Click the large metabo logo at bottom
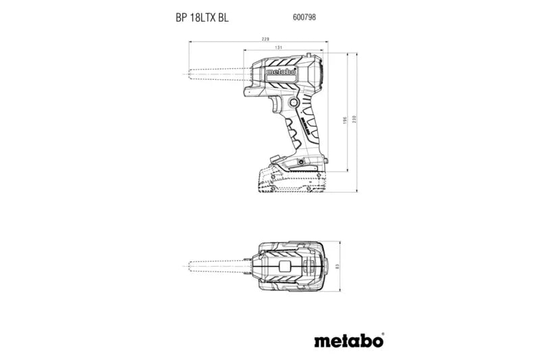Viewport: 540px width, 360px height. coord(349,340)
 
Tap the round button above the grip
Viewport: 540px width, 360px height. coord(295,101)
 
